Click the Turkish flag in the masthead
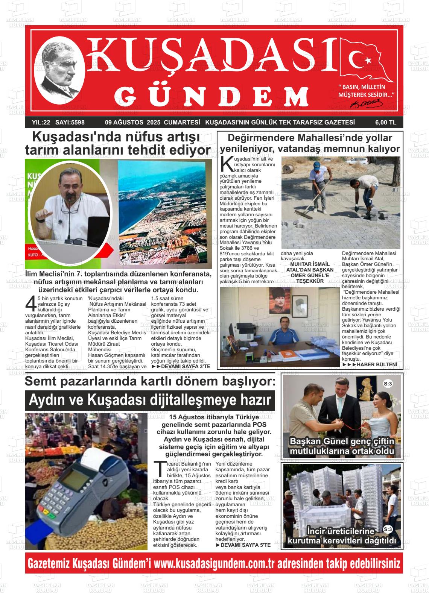point(367,60)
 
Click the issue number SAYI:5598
point(70,122)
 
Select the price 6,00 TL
point(385,122)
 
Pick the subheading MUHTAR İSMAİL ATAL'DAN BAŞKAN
point(310,267)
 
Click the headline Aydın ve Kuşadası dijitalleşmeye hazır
point(150,400)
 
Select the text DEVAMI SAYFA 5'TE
point(243,545)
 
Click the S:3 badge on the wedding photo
point(388,384)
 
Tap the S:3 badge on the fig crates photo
point(388,529)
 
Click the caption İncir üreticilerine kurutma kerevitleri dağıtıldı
point(342,536)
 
